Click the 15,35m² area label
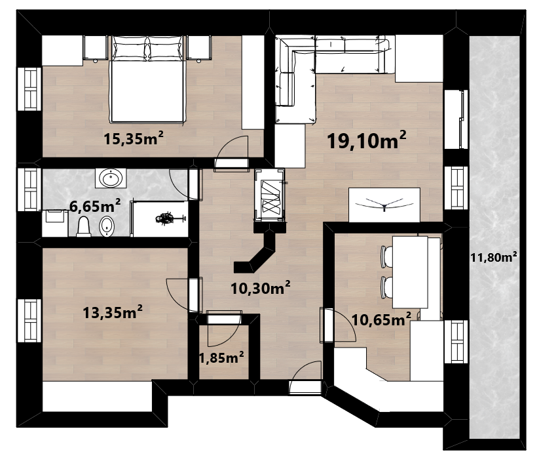coord(134,138)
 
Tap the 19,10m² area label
coord(367,140)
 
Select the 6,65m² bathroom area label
coord(95,206)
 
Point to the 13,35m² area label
coord(113,312)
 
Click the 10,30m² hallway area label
coord(260,288)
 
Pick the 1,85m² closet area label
coord(222,358)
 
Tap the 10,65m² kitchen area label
coord(381,319)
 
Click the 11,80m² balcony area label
coord(494,256)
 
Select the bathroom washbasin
coord(111,178)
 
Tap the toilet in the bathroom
coord(84,226)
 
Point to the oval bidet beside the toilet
coord(107,226)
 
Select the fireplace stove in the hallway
coord(269,195)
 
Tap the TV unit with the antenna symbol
coord(384,205)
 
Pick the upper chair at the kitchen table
coord(386,256)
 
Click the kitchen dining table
coord(410,272)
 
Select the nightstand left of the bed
coord(95,48)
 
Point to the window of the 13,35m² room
coord(29,321)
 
